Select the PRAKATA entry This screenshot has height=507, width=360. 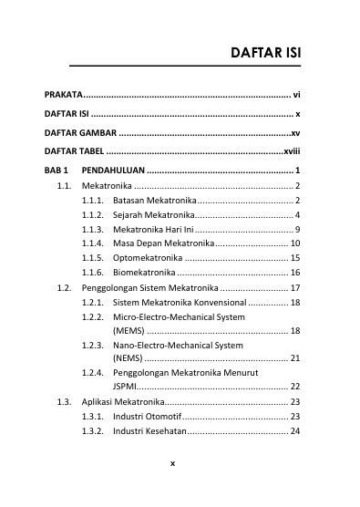64,94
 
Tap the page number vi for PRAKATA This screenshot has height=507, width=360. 296,94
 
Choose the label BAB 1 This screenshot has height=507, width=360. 57,171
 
